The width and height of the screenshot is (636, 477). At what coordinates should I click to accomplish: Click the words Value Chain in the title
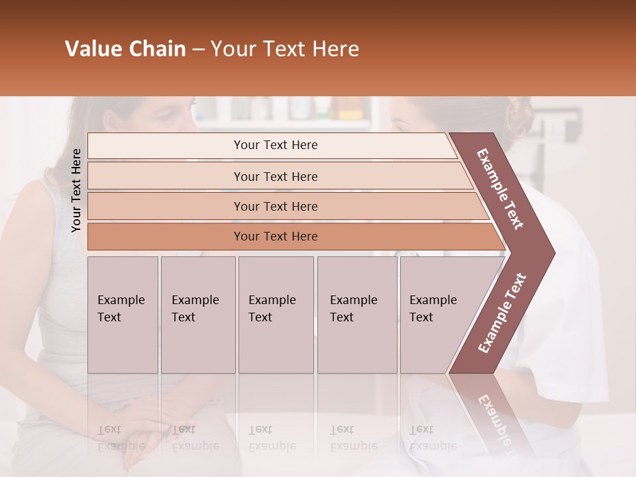pos(125,49)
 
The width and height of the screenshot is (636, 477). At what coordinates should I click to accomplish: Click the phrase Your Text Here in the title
pos(285,49)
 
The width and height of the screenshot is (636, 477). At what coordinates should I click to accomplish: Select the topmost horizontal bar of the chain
pos(276,145)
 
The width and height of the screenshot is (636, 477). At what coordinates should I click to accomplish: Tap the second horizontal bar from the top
pos(276,176)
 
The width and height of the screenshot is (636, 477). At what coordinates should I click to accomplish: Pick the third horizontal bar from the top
pos(276,206)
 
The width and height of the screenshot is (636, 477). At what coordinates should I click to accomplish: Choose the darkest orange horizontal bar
pos(276,237)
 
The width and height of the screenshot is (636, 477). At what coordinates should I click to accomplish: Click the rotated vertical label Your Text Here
pos(76,190)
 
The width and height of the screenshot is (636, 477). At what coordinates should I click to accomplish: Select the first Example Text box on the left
pos(123,314)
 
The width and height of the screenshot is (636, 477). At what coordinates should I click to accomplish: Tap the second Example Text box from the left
pos(197,314)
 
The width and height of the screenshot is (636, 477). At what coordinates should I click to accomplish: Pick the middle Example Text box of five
pos(276,314)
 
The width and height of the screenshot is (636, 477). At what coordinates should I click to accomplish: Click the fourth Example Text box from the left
pos(356,314)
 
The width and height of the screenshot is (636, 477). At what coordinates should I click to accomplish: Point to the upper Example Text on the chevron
pos(501,189)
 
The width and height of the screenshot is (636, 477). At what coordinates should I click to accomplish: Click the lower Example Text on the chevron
pos(502,313)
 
